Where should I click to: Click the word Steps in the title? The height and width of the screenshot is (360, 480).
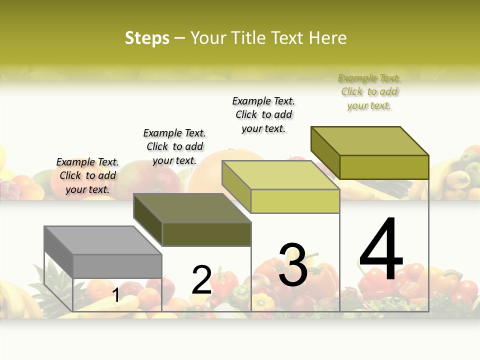147,38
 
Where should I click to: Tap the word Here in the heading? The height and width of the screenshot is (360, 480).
327,38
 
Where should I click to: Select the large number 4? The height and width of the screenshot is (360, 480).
381,250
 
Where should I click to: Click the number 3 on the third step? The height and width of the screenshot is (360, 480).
293,265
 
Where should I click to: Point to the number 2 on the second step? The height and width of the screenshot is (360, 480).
201,280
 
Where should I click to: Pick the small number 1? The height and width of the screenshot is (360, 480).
116,295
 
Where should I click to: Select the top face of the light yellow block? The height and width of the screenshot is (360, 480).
280,175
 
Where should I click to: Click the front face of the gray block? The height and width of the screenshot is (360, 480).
117,266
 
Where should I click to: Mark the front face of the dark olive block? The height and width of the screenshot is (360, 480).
206,234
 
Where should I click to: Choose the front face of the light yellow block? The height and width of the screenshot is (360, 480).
295,201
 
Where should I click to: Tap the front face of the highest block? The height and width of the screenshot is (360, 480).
384,167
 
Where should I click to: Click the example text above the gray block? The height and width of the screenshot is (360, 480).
87,175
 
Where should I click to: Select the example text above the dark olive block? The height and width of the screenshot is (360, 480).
174,146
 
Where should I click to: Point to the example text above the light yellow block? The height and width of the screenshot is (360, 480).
263,114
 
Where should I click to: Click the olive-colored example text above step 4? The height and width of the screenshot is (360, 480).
369,91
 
